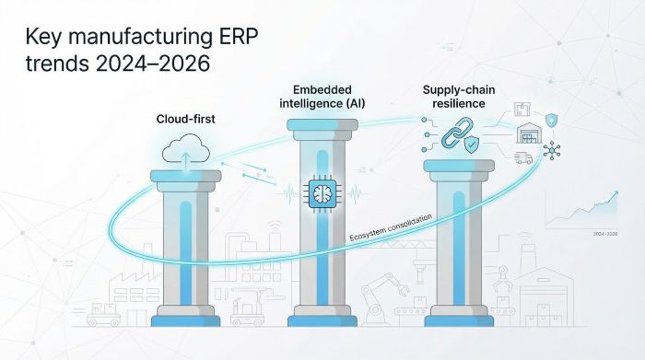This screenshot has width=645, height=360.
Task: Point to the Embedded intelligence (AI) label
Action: pyautogui.click(x=322, y=97)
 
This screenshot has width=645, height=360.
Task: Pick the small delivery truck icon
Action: pyautogui.click(x=522, y=157)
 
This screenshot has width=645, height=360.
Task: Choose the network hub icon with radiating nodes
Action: pyautogui.click(x=554, y=149)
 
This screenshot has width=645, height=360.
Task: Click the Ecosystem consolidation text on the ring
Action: pyautogui.click(x=391, y=230)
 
